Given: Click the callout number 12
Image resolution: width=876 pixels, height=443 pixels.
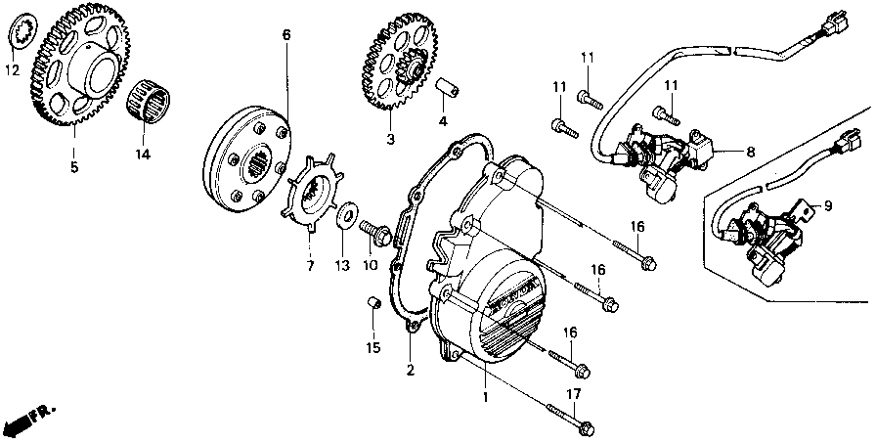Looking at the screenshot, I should pyautogui.click(x=12, y=70).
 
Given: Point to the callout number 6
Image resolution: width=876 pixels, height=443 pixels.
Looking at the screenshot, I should pyautogui.click(x=286, y=36).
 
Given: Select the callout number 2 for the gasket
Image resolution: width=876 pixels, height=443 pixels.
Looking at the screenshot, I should pyautogui.click(x=410, y=370).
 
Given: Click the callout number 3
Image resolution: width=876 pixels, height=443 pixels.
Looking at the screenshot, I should pyautogui.click(x=389, y=140).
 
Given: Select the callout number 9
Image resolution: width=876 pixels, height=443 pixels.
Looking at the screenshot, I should pyautogui.click(x=827, y=205).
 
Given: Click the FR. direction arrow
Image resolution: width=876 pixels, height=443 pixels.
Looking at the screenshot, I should pyautogui.click(x=29, y=419).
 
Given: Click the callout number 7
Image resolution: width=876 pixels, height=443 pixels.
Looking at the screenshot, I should pyautogui.click(x=309, y=265).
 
